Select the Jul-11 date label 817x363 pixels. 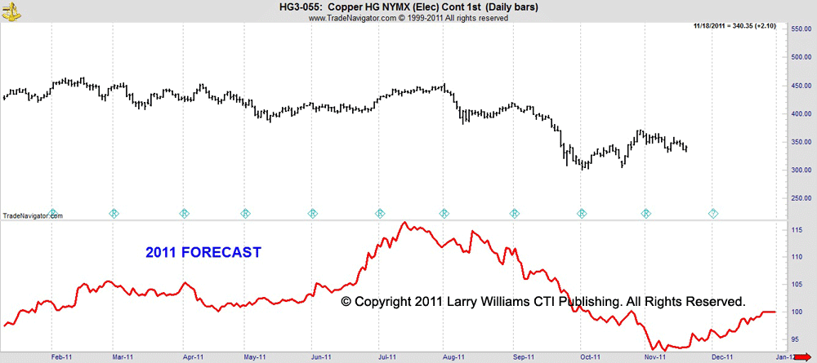pos(387,356)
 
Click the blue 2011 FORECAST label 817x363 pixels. pos(203,253)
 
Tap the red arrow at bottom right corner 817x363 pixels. pos(804,356)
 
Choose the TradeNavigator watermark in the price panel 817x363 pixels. pos(32,215)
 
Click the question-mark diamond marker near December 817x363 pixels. pos(713,214)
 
